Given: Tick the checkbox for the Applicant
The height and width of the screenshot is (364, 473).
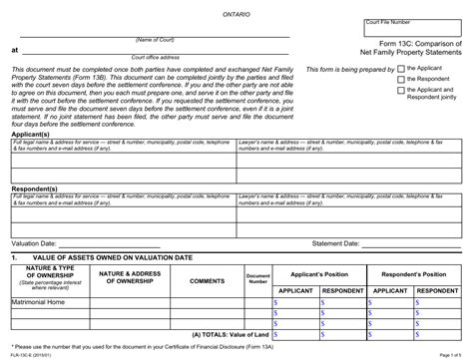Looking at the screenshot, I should pos(400,69).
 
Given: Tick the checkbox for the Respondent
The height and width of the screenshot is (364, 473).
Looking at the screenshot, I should pos(400,79).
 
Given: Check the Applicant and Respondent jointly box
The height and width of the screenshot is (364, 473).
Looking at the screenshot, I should pos(400,90).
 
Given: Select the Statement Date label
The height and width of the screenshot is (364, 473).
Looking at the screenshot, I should pos(339,242).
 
